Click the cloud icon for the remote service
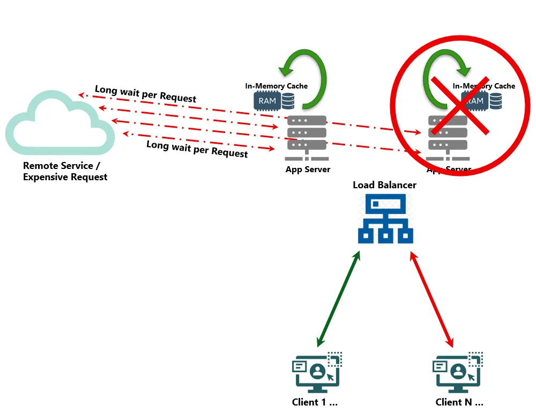pos(60,121)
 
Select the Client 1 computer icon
pos(317,372)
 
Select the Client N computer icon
pos(458,372)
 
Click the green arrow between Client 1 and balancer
pos(338,300)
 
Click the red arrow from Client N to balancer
pos(432,300)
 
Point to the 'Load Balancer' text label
pos(384,185)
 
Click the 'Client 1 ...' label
pos(315,402)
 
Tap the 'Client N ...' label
pos(459,402)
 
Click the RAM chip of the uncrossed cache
pos(267,100)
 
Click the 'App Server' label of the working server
pos(308,169)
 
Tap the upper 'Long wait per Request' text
pos(145,94)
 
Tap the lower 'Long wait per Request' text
pos(197,149)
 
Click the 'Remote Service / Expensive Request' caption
pos(65,172)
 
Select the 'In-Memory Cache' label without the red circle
pos(277,86)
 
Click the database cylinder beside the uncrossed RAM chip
pos(288,101)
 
